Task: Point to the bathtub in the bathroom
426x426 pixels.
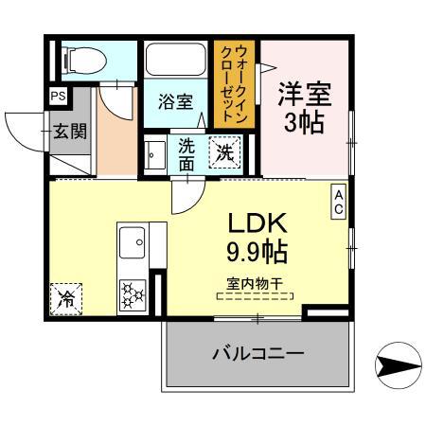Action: (x=176, y=60)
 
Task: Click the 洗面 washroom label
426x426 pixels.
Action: (x=186, y=153)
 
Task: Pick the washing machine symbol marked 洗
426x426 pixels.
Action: (x=223, y=151)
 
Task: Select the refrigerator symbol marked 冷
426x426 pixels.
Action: (x=67, y=299)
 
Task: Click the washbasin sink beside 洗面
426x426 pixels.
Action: (x=154, y=152)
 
